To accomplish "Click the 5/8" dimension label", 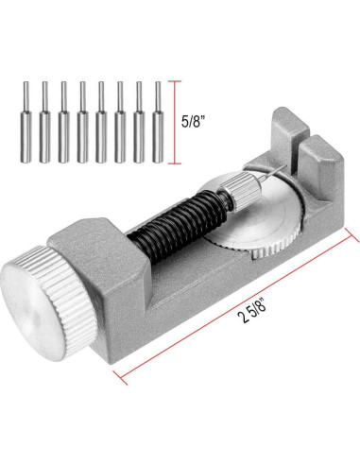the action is tap(196, 121).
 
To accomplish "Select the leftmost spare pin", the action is tap(26, 122).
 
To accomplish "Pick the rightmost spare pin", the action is tap(158, 122).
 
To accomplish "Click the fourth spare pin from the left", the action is tap(82, 122).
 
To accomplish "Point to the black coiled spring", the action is tap(180, 225).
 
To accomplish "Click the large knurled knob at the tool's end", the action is tap(47, 302).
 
